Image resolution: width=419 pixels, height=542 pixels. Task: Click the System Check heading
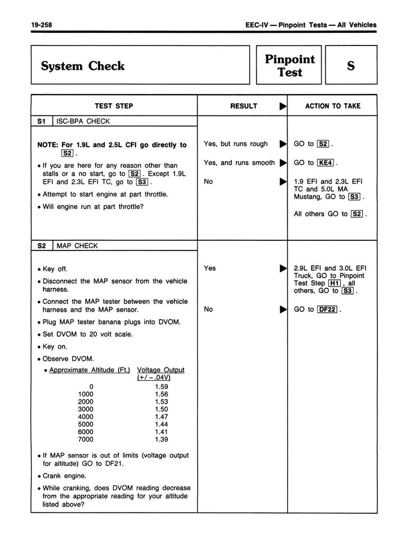click(82, 66)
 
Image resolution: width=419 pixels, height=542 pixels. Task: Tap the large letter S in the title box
click(351, 66)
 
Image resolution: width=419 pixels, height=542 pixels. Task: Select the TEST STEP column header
click(114, 106)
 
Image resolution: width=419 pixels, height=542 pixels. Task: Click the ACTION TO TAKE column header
click(332, 106)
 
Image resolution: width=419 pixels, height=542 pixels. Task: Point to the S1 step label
click(42, 121)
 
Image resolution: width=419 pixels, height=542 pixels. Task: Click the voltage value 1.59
click(161, 386)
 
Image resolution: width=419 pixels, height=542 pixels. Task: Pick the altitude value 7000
click(85, 439)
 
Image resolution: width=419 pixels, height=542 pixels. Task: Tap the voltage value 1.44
click(161, 424)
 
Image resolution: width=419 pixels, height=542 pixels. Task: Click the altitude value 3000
click(85, 409)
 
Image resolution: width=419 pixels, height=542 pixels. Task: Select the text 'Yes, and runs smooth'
click(239, 162)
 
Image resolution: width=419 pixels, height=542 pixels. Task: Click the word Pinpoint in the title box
click(290, 59)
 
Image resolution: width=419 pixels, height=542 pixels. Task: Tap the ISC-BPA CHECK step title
click(83, 121)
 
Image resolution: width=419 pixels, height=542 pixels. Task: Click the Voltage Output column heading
click(161, 369)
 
